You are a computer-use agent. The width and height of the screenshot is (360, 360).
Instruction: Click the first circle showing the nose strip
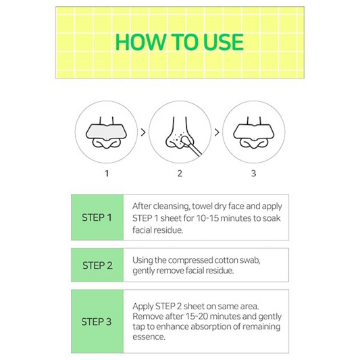coord(106,131)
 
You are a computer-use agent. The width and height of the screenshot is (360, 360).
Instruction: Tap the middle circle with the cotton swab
coord(180,131)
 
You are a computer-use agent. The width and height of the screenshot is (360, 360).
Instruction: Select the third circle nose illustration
coord(253,131)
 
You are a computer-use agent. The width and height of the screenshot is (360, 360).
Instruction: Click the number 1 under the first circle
coord(106,174)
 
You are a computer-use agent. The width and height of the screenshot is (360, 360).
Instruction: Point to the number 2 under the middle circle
coord(180,174)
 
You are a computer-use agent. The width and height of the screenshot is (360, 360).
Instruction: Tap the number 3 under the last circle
coord(253,174)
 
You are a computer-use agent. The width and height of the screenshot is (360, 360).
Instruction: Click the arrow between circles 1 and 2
coord(143,132)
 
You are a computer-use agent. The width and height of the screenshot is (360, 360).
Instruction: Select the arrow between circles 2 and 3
coord(217,132)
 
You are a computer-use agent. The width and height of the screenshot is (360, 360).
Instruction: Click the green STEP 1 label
coord(97,217)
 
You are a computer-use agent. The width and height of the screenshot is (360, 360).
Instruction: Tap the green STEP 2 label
coord(97,265)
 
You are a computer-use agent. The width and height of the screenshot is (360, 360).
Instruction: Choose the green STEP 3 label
coord(97,322)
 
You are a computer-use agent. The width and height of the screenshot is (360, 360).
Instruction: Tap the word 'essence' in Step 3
coord(149,338)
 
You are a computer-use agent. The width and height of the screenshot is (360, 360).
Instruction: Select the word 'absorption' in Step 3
coord(204,327)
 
